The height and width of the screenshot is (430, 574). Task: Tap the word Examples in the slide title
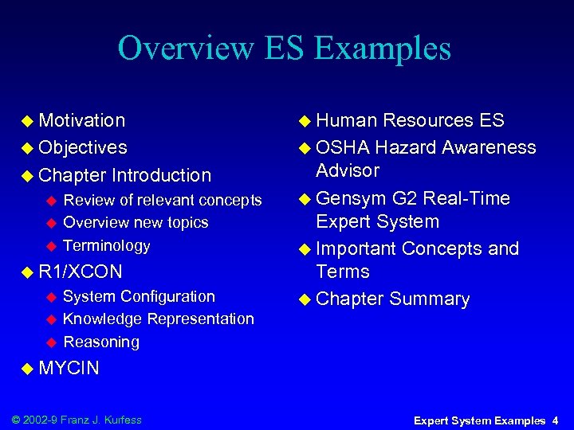(x=383, y=49)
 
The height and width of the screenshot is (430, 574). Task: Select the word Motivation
(x=82, y=120)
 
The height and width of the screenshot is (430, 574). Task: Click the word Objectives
(x=83, y=147)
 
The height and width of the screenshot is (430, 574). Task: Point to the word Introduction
(x=162, y=174)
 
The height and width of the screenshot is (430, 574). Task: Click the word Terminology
(x=106, y=245)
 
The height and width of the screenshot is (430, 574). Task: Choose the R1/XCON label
(x=81, y=272)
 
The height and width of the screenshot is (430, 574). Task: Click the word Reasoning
(x=101, y=342)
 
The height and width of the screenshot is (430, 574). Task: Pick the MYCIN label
(x=69, y=368)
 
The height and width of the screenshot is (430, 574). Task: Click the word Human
(x=347, y=120)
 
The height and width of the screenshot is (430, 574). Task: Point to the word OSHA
(x=343, y=147)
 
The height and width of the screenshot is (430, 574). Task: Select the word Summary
(x=431, y=299)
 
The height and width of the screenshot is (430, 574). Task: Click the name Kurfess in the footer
(x=120, y=420)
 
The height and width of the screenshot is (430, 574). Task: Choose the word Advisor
(x=348, y=170)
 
